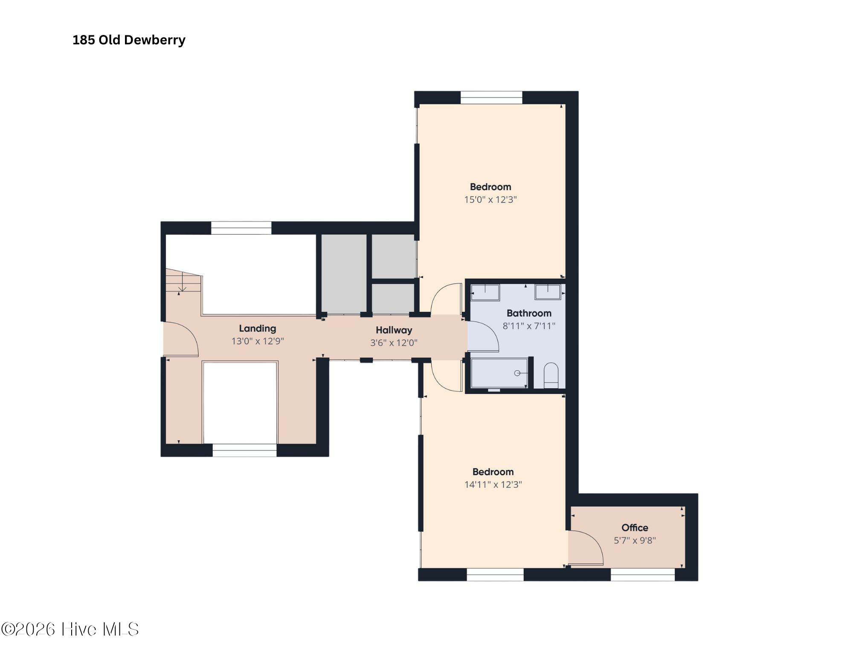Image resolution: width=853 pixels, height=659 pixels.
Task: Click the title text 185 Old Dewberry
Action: (129, 40)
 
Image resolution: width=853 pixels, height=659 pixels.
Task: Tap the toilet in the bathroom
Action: (551, 375)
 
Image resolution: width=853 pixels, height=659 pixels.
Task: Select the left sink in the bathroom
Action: (485, 293)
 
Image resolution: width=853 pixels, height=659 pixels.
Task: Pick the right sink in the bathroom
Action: (548, 292)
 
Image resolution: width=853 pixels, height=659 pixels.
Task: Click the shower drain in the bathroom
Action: (517, 373)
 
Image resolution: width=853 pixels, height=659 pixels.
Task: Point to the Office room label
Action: (635, 528)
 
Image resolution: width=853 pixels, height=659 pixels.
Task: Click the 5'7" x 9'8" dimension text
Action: (635, 540)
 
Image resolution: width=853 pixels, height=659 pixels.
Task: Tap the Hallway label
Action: (394, 330)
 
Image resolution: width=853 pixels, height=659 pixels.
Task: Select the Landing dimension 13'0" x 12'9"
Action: (258, 341)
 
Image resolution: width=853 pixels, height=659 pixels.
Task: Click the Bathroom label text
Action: (529, 313)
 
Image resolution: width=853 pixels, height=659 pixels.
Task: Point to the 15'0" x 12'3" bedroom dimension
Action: (490, 200)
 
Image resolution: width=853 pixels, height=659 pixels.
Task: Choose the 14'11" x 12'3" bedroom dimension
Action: (493, 485)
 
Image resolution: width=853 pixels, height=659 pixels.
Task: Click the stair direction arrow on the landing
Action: (182, 282)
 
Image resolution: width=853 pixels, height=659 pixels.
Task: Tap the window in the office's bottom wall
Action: (643, 575)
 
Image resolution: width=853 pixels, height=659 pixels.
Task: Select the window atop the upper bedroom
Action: (491, 97)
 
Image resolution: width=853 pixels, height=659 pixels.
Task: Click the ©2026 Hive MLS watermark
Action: (70, 629)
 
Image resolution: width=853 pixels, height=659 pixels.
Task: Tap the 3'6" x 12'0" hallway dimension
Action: (394, 343)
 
